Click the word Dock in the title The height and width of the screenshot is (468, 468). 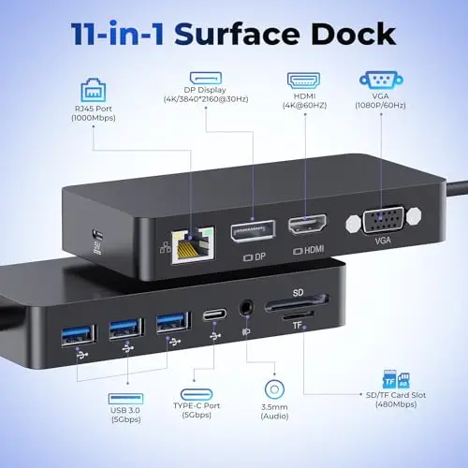coord(354,34)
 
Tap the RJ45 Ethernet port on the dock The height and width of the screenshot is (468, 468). coord(193,245)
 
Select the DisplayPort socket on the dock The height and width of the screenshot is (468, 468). coord(253,231)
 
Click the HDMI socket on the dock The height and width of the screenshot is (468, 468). coord(307,225)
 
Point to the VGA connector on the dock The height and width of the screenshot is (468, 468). coord(384,219)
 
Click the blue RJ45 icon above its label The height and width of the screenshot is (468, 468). coord(94,90)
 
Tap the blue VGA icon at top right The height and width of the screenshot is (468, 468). coord(381,80)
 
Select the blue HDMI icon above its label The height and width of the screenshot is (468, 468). coord(303,80)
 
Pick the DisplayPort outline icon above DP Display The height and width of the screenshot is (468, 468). coord(206,78)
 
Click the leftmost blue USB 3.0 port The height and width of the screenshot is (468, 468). coord(79,335)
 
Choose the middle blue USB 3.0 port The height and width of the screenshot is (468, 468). coord(125,329)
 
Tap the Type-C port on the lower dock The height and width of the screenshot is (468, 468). coord(214,314)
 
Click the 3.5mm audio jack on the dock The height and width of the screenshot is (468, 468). coord(246,308)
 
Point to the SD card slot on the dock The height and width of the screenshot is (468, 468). coord(297,303)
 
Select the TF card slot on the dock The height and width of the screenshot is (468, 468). coord(299,316)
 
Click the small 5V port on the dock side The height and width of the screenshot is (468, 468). coord(97,234)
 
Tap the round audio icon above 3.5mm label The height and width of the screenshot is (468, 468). coord(274,389)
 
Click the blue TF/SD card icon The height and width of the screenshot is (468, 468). coord(396,379)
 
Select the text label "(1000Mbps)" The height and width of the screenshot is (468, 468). coord(94,118)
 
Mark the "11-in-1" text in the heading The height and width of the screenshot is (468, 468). coord(117,34)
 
